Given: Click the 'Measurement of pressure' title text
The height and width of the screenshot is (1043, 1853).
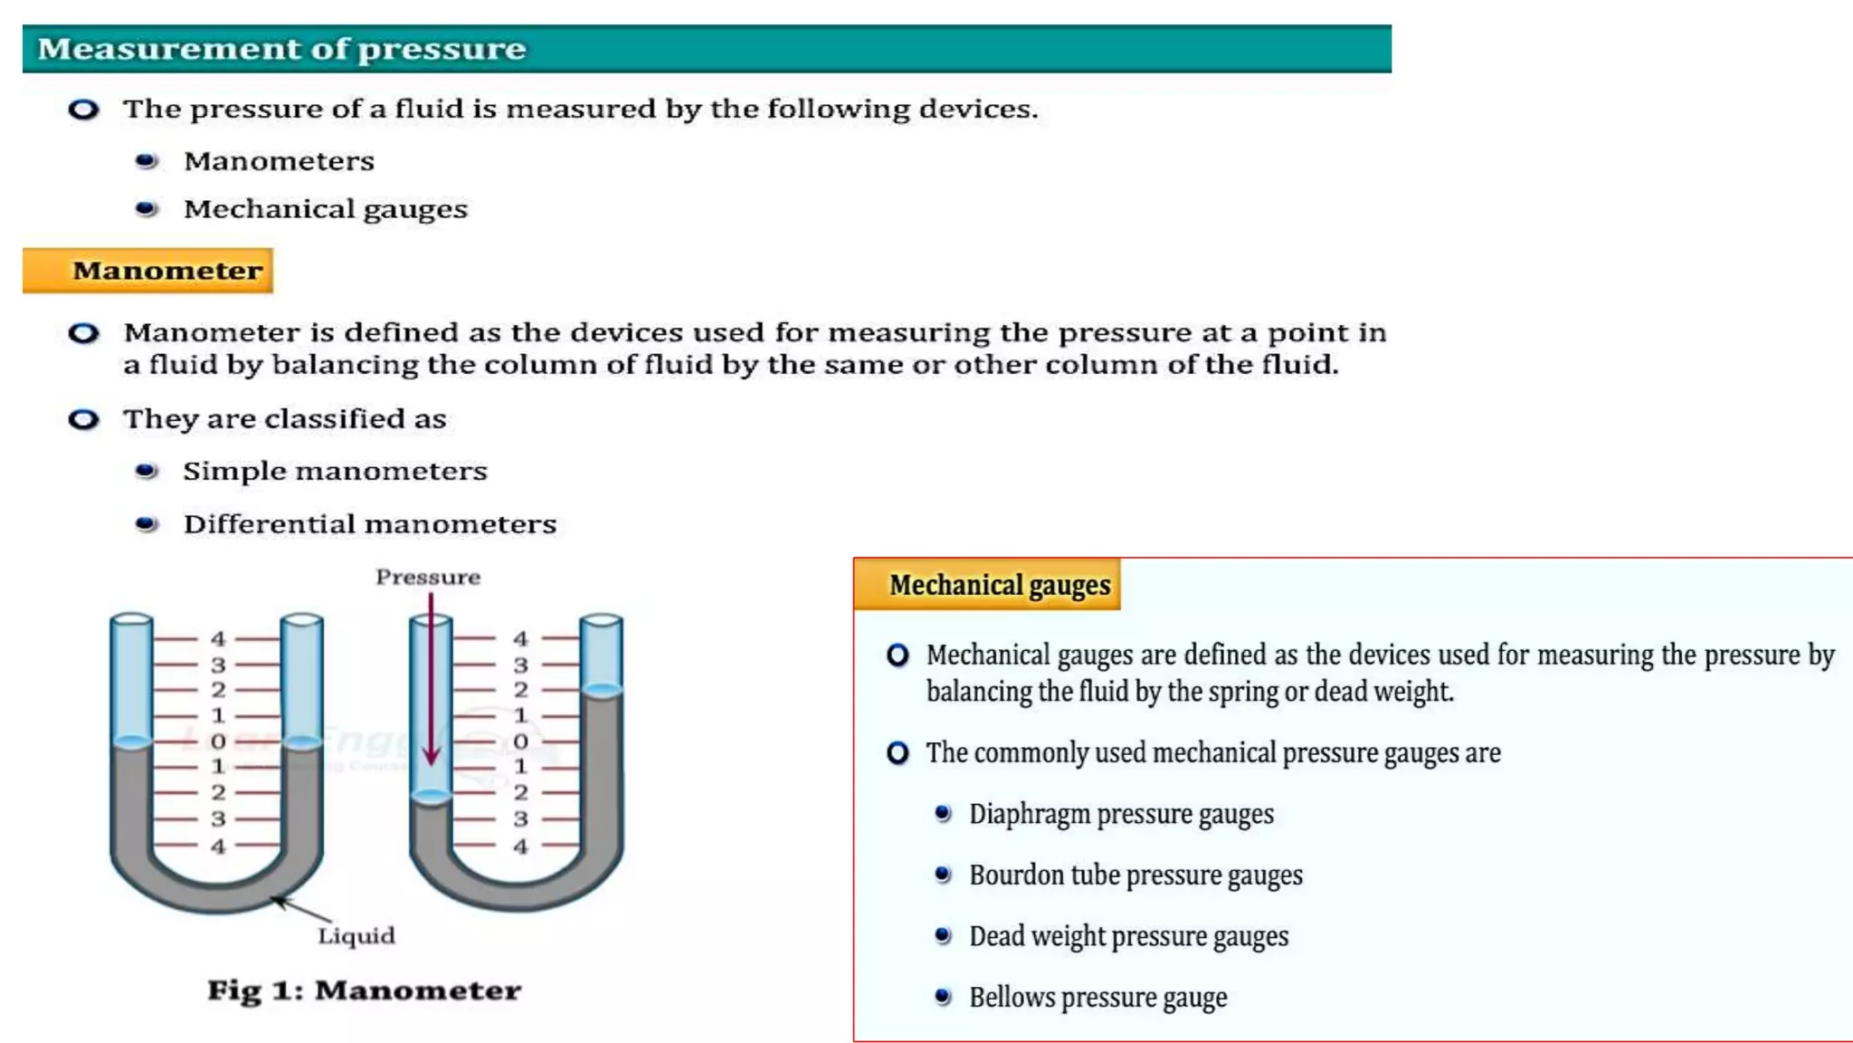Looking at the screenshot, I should point(281,49).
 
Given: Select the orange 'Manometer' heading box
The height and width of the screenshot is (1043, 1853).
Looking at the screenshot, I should point(148,271).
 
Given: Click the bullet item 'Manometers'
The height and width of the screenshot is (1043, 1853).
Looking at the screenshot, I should point(279,161).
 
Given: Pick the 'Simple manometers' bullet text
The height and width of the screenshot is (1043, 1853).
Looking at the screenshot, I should point(335,471).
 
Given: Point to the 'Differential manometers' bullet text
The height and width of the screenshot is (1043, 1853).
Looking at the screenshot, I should point(369,524).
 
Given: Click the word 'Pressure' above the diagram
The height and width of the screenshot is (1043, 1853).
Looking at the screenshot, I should point(428,577).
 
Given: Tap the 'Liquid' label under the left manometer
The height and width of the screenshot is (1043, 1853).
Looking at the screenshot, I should point(356,935).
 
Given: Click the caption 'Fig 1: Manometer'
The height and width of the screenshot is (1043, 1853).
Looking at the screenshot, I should point(364,990).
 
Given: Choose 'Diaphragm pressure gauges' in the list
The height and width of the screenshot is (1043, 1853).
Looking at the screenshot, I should point(1121,814).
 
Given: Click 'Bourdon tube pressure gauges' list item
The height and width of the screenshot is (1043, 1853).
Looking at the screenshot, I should point(1136,876).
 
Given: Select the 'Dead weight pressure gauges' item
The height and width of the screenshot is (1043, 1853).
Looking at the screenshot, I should point(1128,936).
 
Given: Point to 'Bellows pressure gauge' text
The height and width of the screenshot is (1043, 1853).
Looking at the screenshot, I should point(1098,998).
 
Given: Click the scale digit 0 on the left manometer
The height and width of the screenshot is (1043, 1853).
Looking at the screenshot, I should point(218,742).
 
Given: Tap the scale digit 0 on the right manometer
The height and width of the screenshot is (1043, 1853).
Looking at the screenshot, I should point(520,742).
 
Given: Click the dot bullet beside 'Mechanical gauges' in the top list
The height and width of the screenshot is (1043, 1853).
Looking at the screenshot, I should point(146,209).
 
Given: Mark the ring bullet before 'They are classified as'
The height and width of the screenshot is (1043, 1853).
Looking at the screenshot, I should point(83,419).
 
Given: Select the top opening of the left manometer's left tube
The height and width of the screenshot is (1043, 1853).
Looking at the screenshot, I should point(131,619).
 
